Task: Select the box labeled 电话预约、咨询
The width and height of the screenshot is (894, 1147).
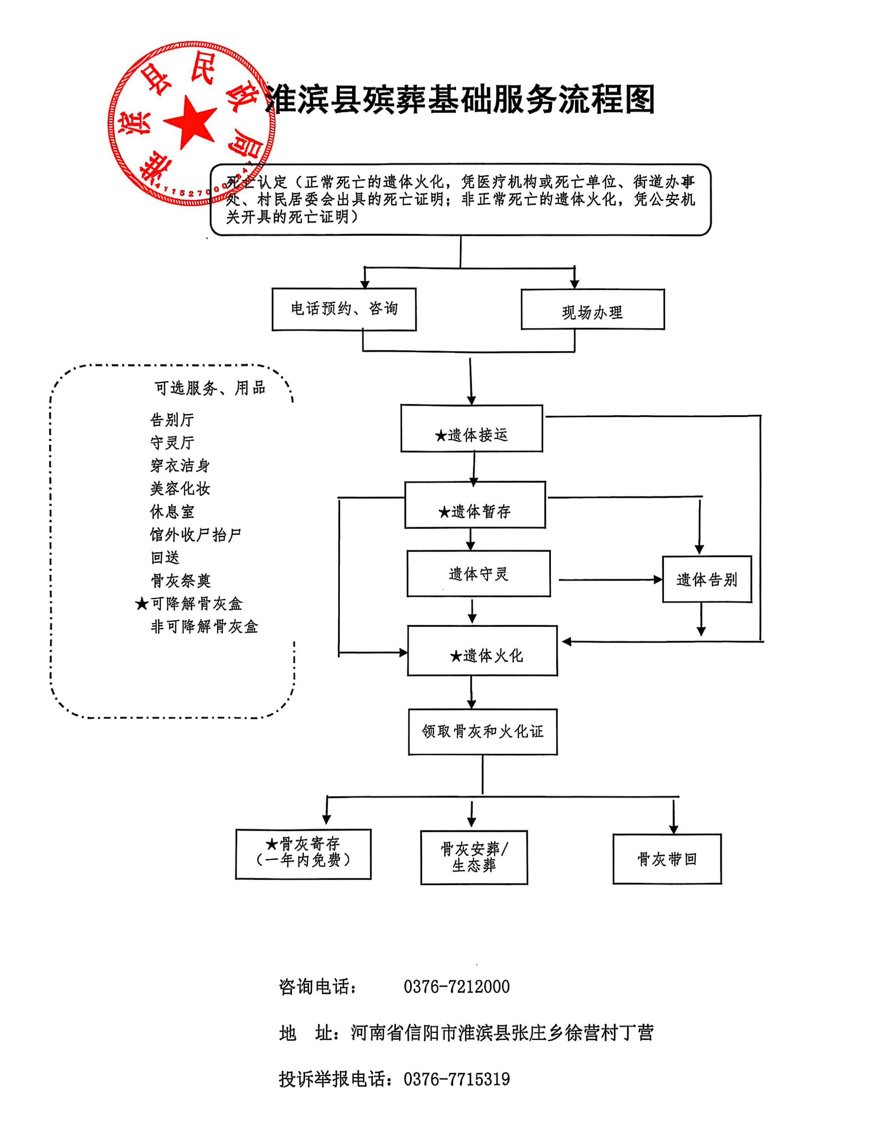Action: click(x=344, y=309)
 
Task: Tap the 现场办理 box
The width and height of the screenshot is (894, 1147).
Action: click(x=592, y=310)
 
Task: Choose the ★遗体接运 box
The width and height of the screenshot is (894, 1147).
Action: click(x=471, y=428)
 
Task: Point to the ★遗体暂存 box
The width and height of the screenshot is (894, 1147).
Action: click(x=475, y=505)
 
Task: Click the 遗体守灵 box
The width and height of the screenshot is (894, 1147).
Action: click(x=479, y=573)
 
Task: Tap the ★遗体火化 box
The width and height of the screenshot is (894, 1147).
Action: click(x=482, y=651)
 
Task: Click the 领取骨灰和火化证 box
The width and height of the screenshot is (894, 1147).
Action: click(x=482, y=732)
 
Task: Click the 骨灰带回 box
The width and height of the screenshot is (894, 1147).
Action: click(x=667, y=859)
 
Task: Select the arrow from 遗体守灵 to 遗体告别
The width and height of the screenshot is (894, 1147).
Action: click(x=609, y=580)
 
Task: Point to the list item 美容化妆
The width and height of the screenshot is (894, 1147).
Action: click(x=180, y=489)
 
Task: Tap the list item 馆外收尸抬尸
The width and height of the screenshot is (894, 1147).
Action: click(x=195, y=535)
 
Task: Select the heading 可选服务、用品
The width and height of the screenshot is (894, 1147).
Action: click(x=210, y=388)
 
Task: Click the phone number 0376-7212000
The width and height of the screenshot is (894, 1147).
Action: click(x=456, y=987)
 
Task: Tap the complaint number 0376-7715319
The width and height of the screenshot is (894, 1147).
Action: click(x=456, y=1079)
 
